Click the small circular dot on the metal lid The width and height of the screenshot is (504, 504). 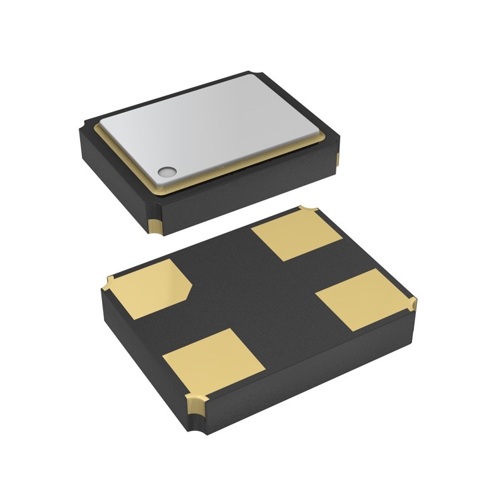(168, 171)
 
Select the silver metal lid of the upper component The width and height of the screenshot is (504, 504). (214, 125)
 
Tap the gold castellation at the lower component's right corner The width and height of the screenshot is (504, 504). (412, 306)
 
